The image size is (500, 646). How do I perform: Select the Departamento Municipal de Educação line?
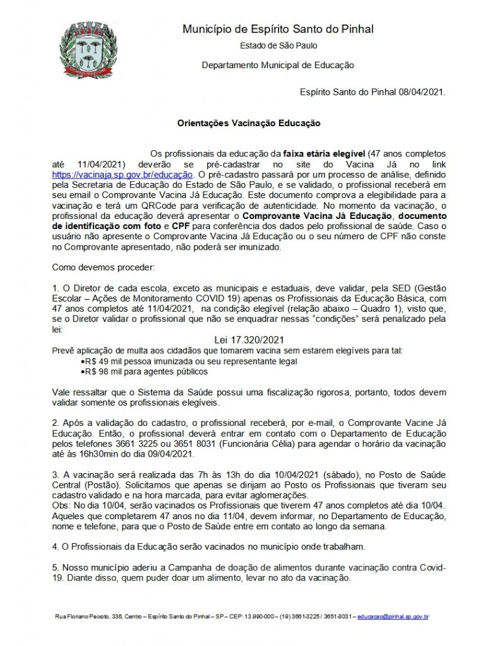(x=278, y=65)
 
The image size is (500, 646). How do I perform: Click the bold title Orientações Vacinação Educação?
(x=248, y=124)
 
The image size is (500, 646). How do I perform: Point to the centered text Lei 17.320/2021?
(x=249, y=339)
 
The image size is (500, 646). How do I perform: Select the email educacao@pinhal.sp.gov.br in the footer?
(x=393, y=616)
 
